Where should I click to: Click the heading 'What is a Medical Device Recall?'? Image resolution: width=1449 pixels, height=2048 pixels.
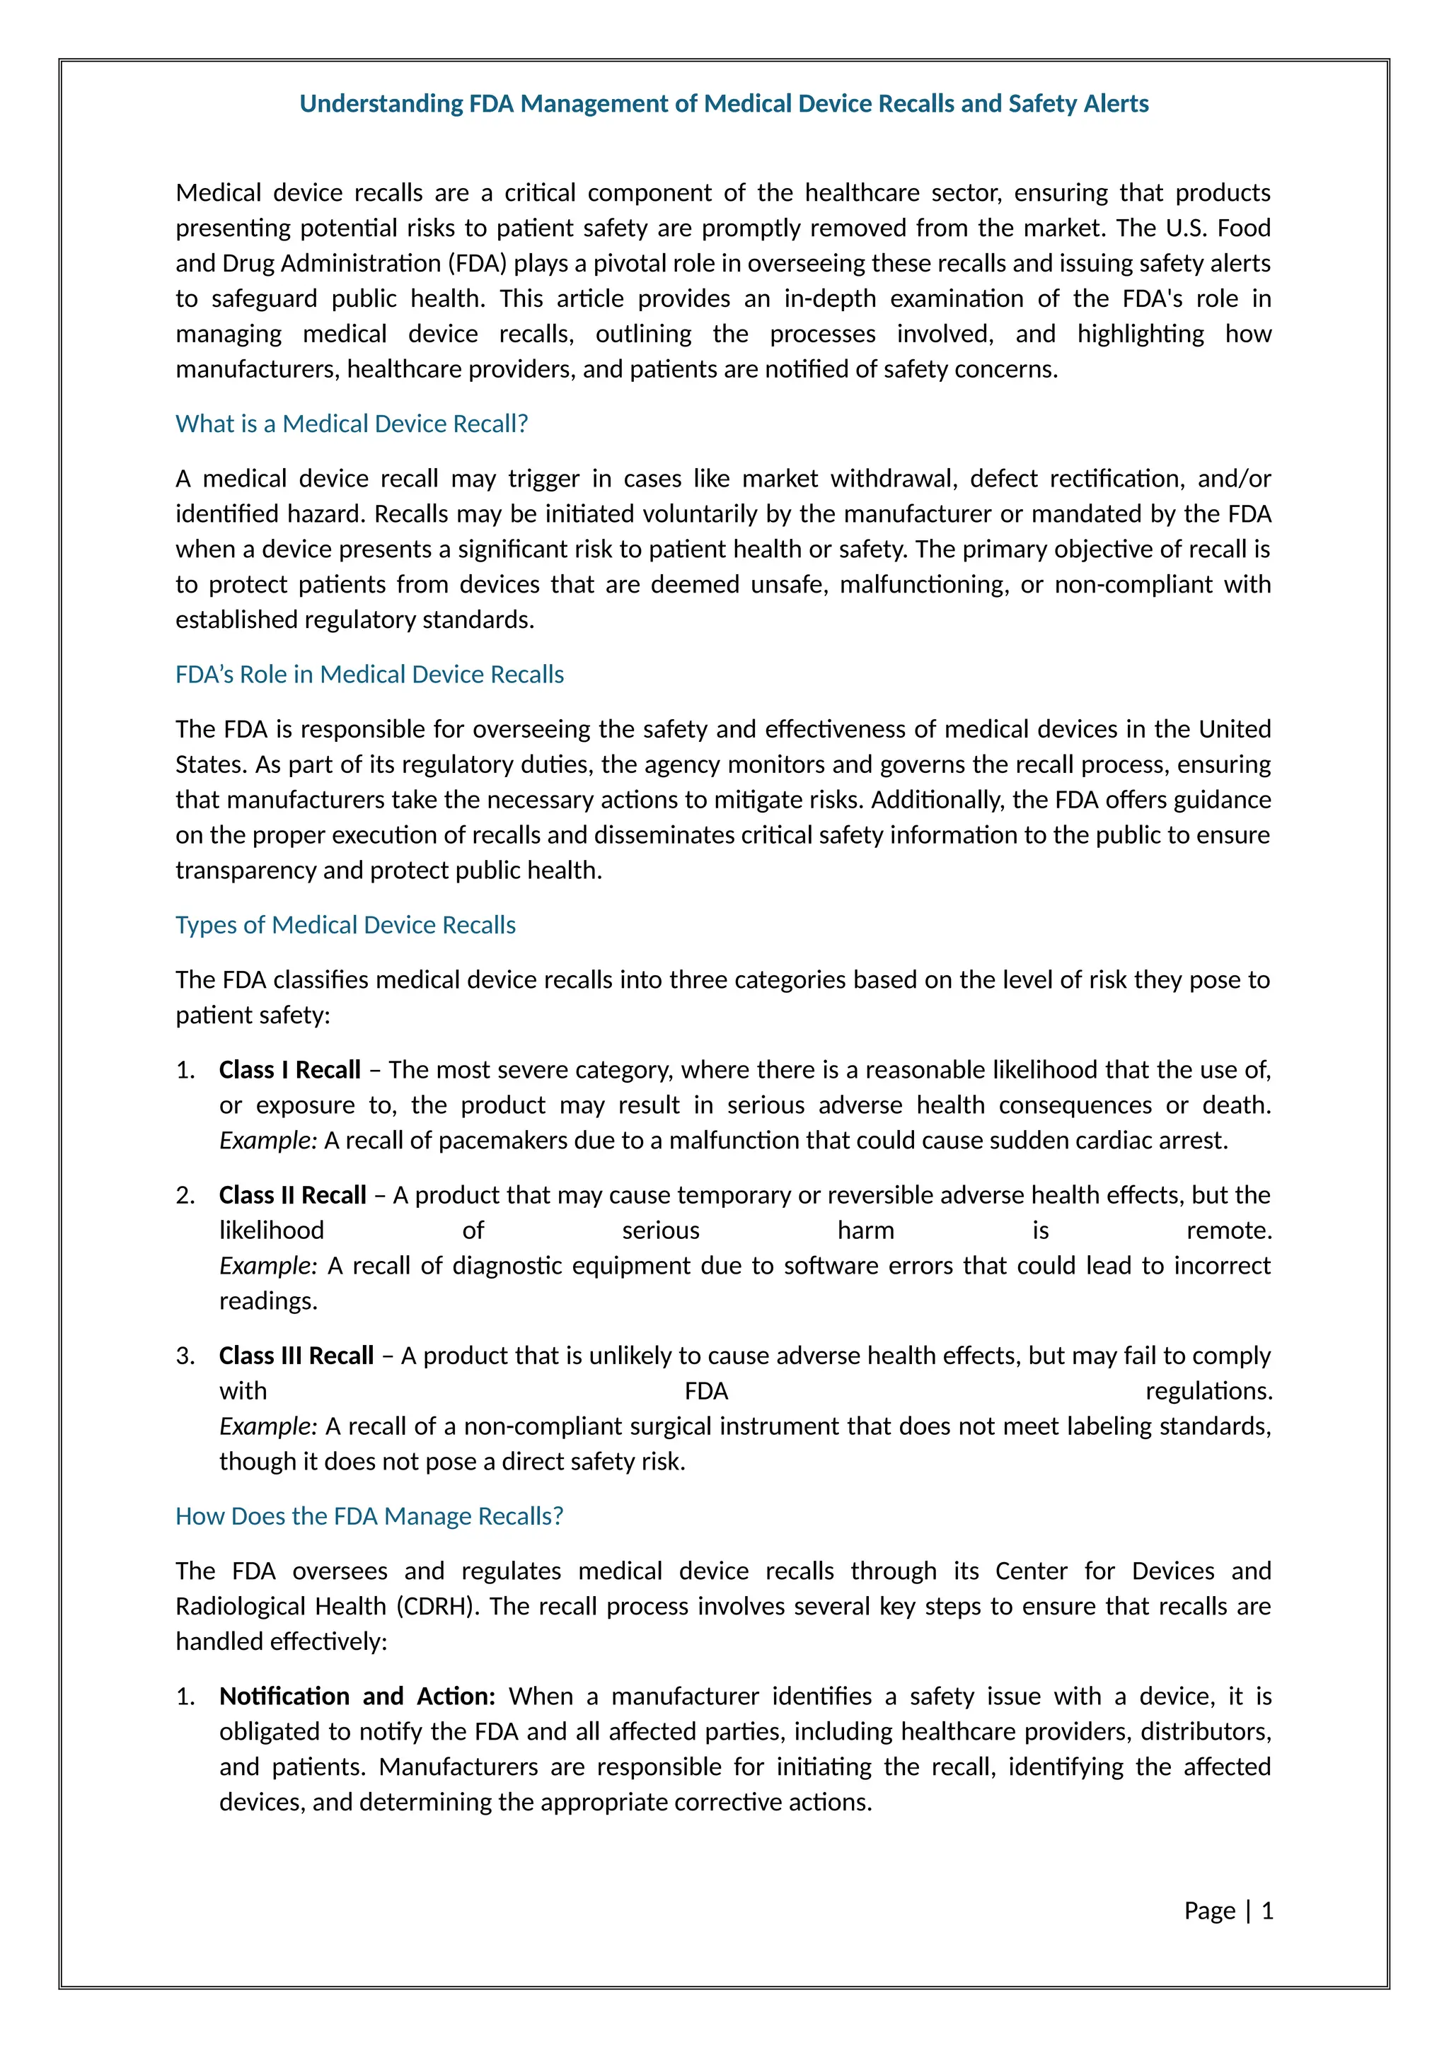[x=352, y=424]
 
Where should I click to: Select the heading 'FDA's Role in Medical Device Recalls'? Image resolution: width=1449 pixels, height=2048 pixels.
[x=369, y=675]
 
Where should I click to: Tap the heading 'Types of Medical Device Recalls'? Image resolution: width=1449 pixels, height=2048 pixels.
[x=345, y=925]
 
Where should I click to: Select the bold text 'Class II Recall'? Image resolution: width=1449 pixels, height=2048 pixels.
[x=293, y=1195]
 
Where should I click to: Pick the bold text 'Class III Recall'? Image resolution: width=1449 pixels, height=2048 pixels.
[x=296, y=1356]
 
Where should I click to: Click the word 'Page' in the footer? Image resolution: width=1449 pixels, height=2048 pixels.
[x=1209, y=1911]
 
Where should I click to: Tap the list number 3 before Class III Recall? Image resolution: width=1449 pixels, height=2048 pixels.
[x=185, y=1356]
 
